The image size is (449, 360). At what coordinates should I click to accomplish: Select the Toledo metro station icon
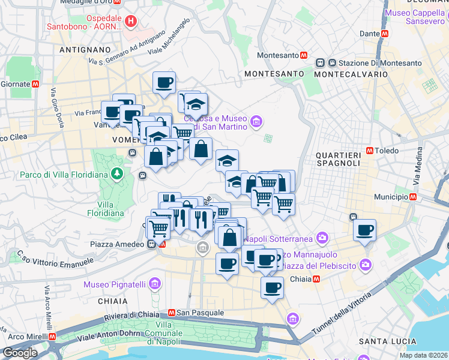pos(369,151)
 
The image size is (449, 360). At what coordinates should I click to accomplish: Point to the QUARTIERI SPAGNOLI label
pos(338,159)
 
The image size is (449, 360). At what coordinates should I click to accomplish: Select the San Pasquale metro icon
pos(171,313)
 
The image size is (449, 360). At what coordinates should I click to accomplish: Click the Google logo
pos(20,353)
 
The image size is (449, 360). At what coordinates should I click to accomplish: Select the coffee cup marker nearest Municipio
pos(364,230)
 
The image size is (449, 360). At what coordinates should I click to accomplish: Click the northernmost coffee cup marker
pos(164,83)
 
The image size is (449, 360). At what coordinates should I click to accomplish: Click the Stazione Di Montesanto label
pos(379,63)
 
